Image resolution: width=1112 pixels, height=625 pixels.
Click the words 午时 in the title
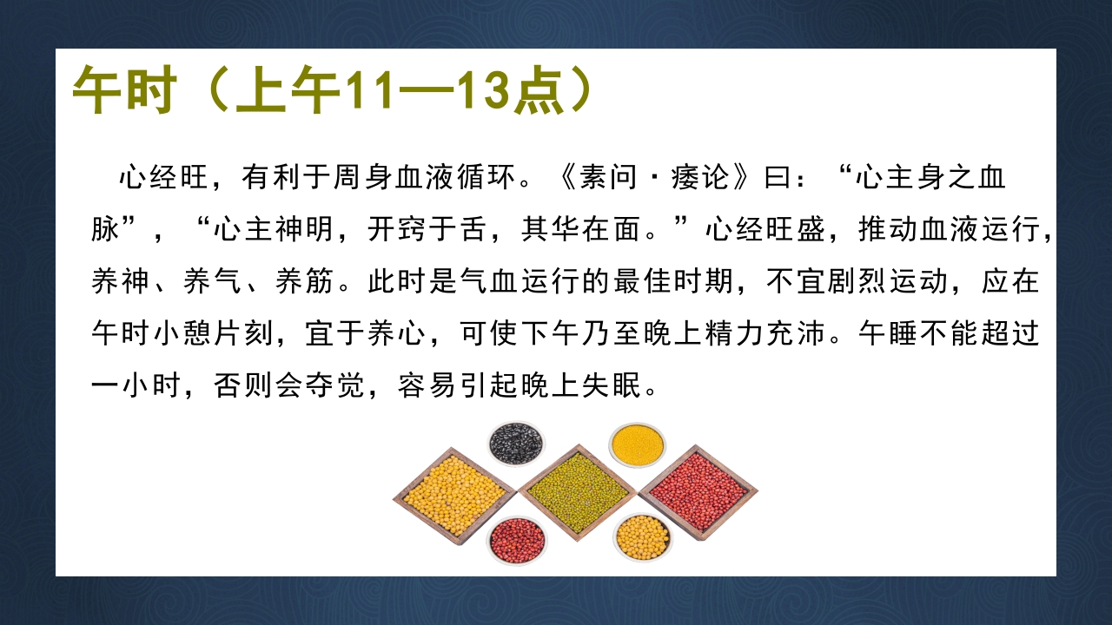coord(125,90)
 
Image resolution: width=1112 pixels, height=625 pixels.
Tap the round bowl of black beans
coord(516,444)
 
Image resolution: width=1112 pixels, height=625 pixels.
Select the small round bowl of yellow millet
coord(637,444)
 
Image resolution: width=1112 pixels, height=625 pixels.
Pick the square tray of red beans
coord(698,491)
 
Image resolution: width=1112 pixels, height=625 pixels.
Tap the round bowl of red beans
coord(516,539)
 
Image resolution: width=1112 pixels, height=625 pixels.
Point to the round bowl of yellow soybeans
coord(642,537)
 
